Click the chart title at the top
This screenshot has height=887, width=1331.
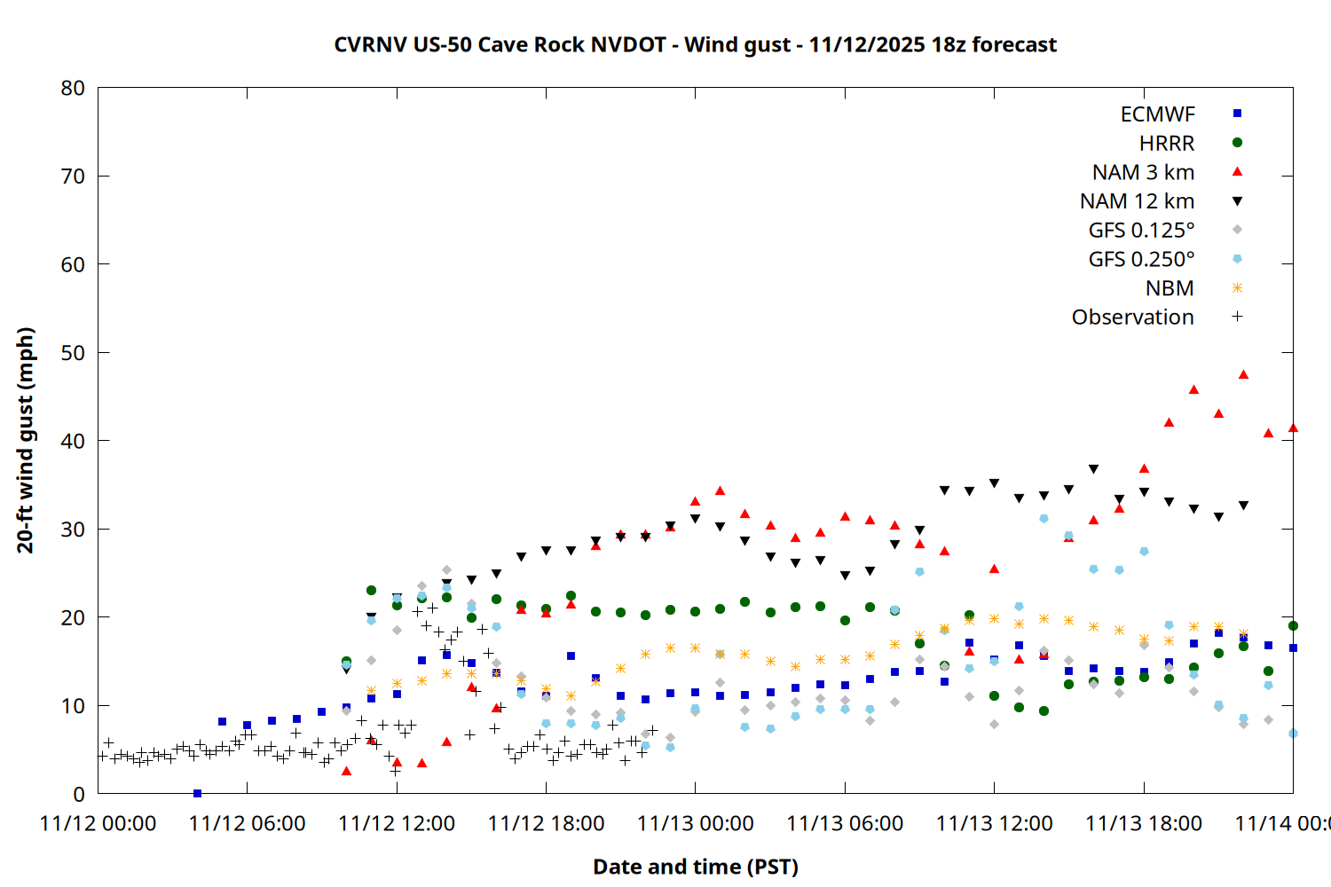[695, 44]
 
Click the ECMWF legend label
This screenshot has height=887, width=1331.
[1157, 114]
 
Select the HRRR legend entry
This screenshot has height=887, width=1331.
[1167, 144]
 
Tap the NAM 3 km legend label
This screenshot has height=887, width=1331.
[1143, 172]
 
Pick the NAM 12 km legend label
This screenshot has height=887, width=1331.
[1137, 201]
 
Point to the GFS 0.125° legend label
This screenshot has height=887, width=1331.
[1141, 231]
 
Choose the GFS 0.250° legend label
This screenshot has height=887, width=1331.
[1141, 259]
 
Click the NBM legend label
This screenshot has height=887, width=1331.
[1170, 288]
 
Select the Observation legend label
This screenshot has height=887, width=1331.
[1132, 318]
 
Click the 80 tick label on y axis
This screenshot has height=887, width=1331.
[73, 88]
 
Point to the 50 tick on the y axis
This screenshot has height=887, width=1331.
[73, 353]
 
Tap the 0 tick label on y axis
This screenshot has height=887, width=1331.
[79, 794]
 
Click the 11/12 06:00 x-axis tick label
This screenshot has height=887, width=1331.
[247, 823]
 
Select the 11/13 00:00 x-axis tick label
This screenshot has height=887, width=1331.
[695, 823]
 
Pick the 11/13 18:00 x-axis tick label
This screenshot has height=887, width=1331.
[1144, 823]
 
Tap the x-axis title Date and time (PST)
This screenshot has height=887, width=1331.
[695, 867]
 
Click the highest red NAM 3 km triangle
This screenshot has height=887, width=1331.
[1243, 374]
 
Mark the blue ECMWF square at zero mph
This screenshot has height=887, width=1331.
[197, 793]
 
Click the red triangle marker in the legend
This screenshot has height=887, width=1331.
[1237, 171]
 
